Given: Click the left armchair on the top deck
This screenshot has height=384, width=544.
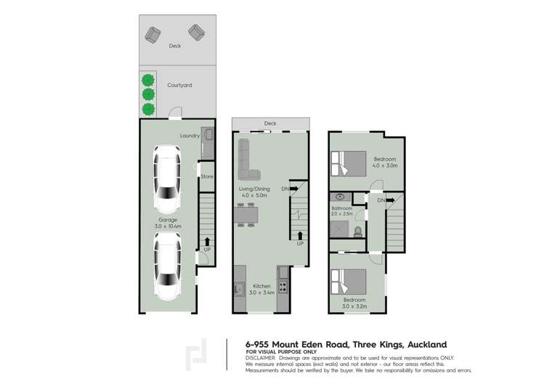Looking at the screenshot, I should pos(153,33).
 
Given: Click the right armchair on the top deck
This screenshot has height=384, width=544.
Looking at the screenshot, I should pos(196,32).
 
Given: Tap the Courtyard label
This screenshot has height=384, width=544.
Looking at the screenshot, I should pos(179,85).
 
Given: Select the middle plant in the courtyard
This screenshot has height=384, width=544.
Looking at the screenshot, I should pos(148,94).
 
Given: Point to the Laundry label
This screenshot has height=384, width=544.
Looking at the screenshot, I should pos(190,136).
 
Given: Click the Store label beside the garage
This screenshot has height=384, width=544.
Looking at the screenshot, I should pos(207,176).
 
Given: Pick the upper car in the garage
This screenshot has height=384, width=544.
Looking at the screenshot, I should pos(167,176).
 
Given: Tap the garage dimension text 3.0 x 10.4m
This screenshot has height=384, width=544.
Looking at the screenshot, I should pos(168,226).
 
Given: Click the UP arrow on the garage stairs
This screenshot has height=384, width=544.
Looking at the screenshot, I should pos(208,242).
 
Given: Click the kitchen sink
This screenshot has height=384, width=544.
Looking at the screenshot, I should pos(237,289).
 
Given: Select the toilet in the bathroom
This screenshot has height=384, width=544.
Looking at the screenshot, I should pos(357,232).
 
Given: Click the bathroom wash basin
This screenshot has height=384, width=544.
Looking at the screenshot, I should pos(340,197).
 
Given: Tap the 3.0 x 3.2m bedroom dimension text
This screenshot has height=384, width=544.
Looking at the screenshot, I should pos(354,306).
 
